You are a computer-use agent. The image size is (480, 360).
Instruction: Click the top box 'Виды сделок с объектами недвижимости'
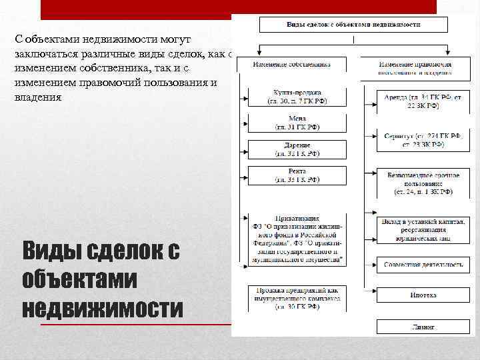353,25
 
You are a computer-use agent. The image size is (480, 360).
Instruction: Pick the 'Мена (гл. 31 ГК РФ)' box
297,123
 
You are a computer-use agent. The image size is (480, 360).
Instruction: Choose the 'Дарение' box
297,149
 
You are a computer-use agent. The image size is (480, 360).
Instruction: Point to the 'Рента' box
297,175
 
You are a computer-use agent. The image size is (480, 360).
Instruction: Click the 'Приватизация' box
297,240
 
